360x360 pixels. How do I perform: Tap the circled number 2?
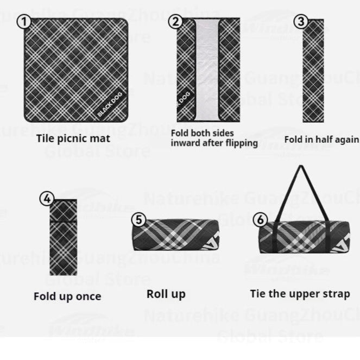(x=175, y=22)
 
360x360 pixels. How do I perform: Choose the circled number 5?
(x=140, y=219)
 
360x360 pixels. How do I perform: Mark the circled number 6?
(x=261, y=219)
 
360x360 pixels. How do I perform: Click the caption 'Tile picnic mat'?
(x=73, y=138)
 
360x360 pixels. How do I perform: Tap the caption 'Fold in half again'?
(x=321, y=139)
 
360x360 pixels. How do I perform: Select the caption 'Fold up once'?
(x=67, y=296)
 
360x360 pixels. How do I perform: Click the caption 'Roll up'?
(x=166, y=294)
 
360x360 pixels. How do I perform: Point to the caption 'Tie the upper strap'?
(x=300, y=294)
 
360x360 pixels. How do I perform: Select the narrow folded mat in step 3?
(x=313, y=71)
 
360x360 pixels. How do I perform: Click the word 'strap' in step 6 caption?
(x=337, y=294)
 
